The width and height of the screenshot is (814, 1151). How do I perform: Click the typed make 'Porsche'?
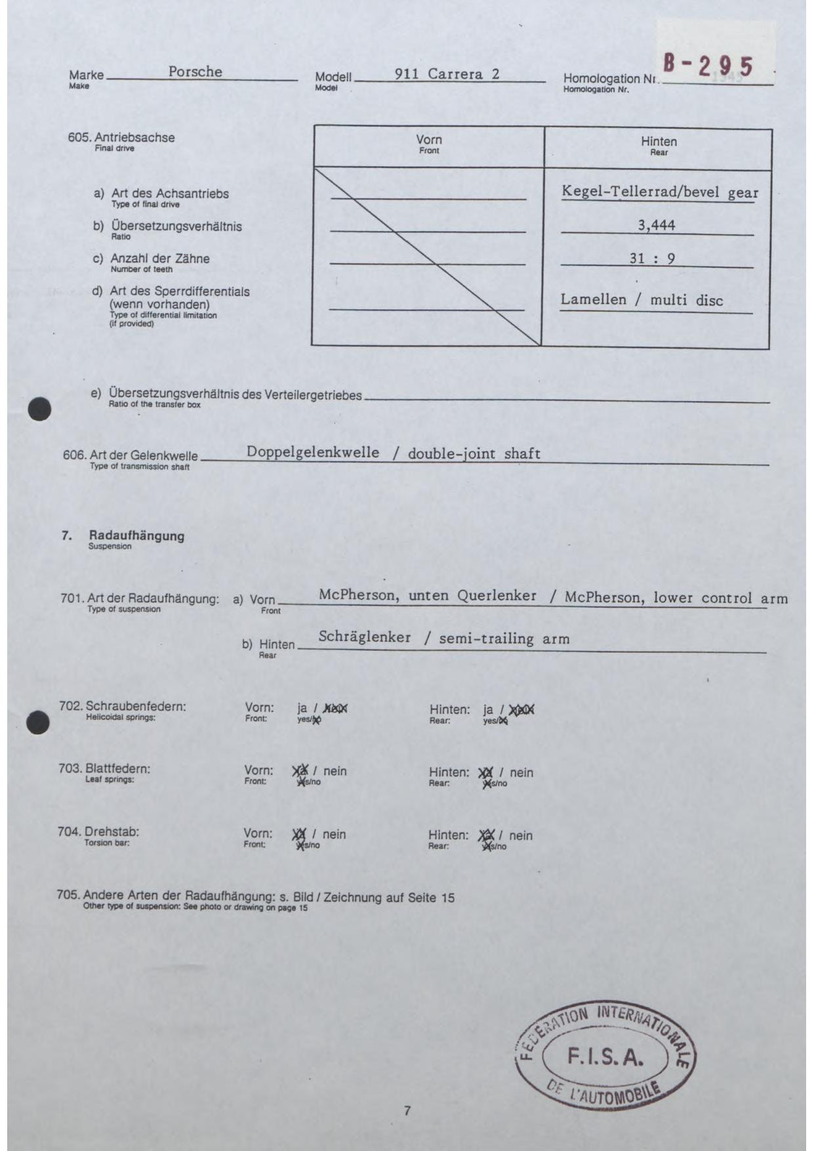(195, 72)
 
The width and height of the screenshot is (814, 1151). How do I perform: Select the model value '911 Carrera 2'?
(447, 74)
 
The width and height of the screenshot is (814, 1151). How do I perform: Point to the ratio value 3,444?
(657, 225)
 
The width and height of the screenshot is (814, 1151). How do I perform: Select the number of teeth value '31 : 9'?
(652, 258)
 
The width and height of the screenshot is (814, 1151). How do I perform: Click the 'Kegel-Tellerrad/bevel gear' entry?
(659, 192)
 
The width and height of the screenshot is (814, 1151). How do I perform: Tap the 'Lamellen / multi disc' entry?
(641, 300)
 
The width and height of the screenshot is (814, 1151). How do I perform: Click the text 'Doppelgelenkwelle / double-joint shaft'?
(394, 453)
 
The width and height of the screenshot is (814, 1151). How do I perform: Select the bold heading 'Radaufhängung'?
(136, 535)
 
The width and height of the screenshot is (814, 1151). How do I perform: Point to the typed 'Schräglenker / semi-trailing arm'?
(444, 638)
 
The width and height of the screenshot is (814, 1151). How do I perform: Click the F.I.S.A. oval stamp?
(605, 1057)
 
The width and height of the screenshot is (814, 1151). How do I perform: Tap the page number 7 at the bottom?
(407, 1111)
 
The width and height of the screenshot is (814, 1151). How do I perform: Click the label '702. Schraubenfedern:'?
(123, 707)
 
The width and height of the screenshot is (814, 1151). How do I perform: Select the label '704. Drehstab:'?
(98, 832)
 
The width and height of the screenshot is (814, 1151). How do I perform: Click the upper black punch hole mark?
(39, 409)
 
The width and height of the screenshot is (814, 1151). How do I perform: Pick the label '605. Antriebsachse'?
(121, 138)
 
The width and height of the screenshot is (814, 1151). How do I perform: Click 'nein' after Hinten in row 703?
(521, 772)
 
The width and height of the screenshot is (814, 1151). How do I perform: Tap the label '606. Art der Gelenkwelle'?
(131, 455)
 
